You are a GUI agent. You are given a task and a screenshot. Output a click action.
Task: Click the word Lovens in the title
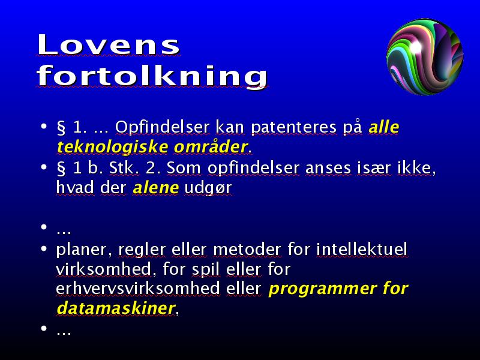tap(109, 44)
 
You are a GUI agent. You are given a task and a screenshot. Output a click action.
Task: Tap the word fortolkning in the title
tap(152, 77)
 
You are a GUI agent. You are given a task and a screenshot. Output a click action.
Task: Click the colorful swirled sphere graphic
tap(425, 56)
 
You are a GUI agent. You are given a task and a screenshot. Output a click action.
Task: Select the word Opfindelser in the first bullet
tap(162, 127)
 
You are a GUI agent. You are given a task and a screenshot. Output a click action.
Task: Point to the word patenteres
tap(293, 128)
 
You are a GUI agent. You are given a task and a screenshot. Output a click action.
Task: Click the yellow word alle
tap(384, 127)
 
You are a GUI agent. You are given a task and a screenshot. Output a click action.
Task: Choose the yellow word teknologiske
tap(112, 147)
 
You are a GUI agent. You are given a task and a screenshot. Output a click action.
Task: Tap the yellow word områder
tap(211, 146)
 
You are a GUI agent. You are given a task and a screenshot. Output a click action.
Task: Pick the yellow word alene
tap(156, 187)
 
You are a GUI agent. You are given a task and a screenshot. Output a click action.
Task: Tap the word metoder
tap(247, 249)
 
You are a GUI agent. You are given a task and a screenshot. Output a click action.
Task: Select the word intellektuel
tap(362, 249)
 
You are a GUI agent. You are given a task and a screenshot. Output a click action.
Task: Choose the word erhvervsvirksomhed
tap(138, 289)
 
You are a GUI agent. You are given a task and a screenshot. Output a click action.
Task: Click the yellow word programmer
tap(322, 289)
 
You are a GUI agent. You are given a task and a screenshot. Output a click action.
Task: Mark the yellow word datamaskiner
tap(116, 308)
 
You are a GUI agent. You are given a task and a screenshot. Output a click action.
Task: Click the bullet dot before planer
tap(44, 249)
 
